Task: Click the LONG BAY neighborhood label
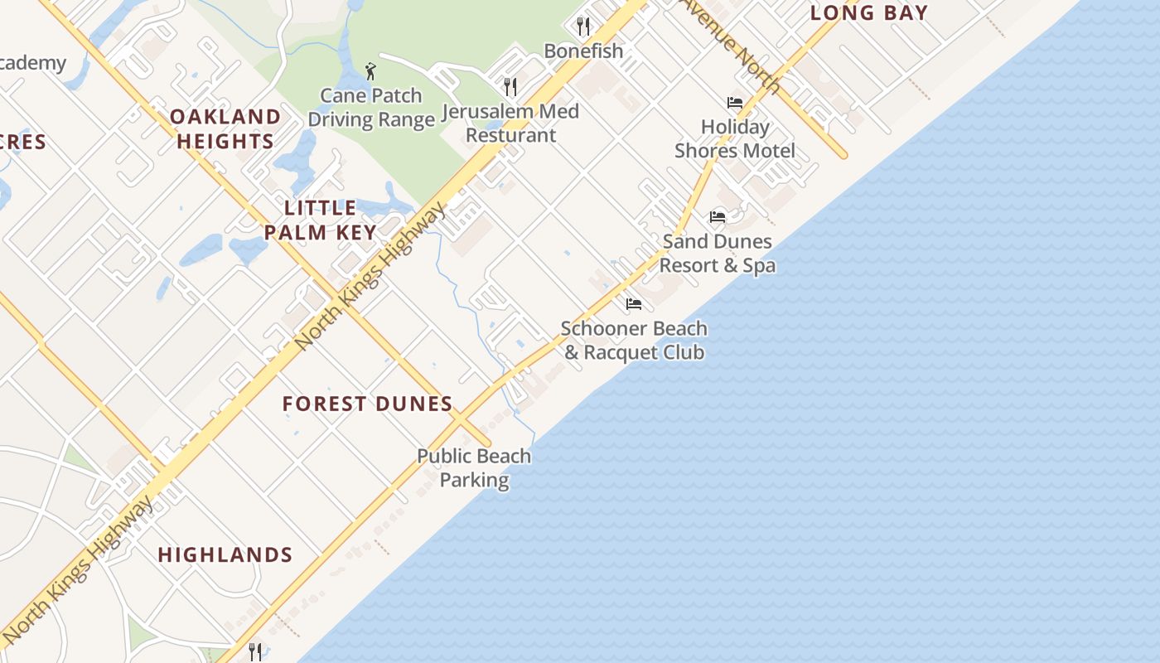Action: pyautogui.click(x=868, y=12)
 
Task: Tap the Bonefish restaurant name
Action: pyautogui.click(x=583, y=51)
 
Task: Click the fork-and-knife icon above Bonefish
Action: pyautogui.click(x=583, y=26)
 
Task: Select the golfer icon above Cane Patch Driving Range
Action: pyautogui.click(x=370, y=71)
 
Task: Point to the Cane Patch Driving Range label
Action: pyautogui.click(x=371, y=108)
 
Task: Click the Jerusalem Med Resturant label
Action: pyautogui.click(x=510, y=123)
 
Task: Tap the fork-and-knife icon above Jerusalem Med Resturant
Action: pyautogui.click(x=510, y=86)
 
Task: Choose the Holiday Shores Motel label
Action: pyautogui.click(x=735, y=138)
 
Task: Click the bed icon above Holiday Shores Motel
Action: pyautogui.click(x=734, y=103)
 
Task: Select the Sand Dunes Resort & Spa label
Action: pyautogui.click(x=718, y=253)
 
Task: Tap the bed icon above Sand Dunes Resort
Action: pyautogui.click(x=718, y=217)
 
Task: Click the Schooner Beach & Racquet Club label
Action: pyautogui.click(x=634, y=340)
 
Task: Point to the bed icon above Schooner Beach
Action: pyautogui.click(x=634, y=304)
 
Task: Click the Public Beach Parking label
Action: pyautogui.click(x=474, y=467)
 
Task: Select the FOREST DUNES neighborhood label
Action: pyautogui.click(x=367, y=404)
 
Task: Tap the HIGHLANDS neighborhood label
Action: pyautogui.click(x=225, y=554)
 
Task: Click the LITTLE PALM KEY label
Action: pyautogui.click(x=321, y=220)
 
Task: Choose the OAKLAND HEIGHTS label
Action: pyautogui.click(x=225, y=128)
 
